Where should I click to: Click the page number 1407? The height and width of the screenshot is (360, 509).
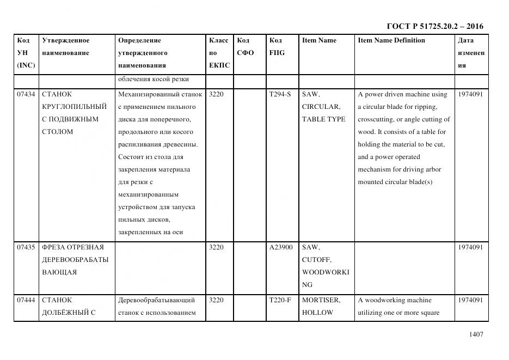coord(476,334)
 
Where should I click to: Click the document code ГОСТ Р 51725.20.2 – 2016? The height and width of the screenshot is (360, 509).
coord(434,26)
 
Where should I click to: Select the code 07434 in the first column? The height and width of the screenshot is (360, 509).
coord(26,94)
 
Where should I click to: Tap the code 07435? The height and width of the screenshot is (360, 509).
coord(26,247)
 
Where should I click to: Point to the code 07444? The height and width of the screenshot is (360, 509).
coord(26,300)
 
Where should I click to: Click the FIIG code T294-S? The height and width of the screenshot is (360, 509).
coord(280,94)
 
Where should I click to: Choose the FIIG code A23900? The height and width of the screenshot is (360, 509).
coord(281,247)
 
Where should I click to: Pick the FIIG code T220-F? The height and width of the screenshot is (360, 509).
coord(280,300)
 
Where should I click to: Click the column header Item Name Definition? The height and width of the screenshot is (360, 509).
coord(391,40)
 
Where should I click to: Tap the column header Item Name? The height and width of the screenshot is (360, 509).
coord(319,40)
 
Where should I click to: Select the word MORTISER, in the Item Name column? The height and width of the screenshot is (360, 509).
coord(321,300)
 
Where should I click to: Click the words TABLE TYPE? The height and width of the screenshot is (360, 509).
coord(323,119)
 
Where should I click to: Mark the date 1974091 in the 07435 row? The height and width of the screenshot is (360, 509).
coord(470,247)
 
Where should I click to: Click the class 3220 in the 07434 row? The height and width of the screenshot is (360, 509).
coord(216,94)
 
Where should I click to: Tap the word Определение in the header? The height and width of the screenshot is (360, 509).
coord(139,40)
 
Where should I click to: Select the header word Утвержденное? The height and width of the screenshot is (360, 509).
coord(66,40)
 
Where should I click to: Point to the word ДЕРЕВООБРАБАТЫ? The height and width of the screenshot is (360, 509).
coord(75,260)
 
